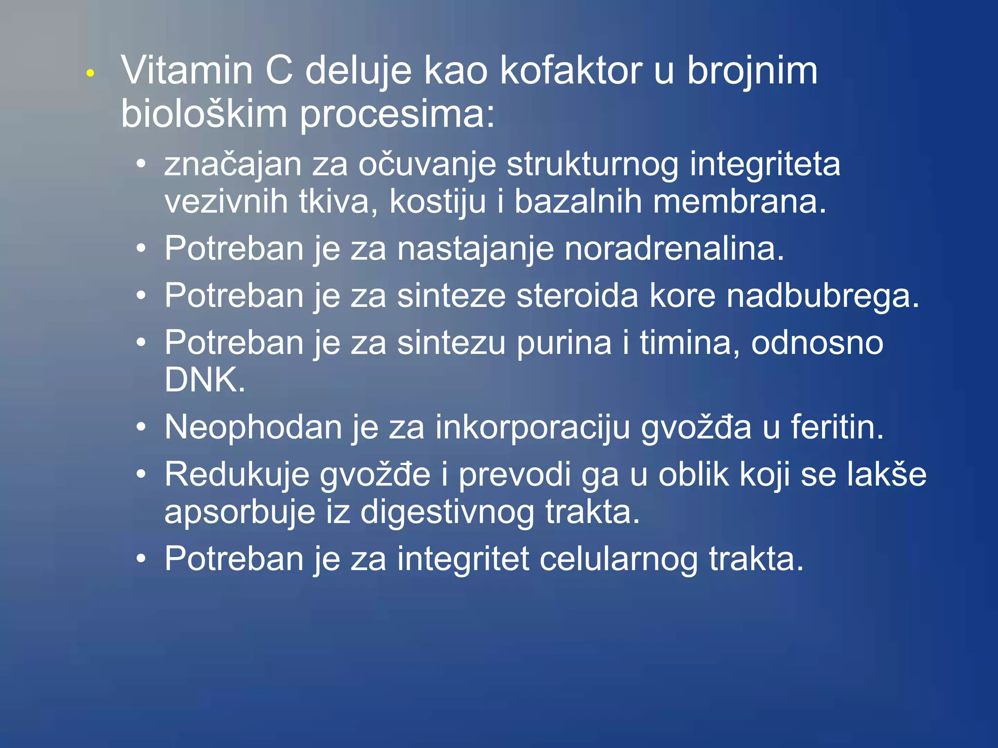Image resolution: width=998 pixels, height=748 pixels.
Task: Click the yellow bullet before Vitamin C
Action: [90, 74]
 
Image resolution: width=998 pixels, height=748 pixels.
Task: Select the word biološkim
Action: [204, 114]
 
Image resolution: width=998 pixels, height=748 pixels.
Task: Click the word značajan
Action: [233, 165]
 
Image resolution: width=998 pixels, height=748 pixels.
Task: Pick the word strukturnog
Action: [592, 165]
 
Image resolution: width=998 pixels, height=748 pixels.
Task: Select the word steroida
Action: [577, 296]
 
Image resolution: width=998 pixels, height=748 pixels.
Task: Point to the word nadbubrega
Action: [822, 296]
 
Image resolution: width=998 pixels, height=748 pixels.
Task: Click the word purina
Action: [564, 343]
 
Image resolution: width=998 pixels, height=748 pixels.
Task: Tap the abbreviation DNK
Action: [204, 380]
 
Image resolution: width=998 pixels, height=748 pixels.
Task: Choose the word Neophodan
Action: [253, 428]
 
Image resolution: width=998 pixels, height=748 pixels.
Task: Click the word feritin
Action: [836, 428]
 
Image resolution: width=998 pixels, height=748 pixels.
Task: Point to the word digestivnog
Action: [447, 512]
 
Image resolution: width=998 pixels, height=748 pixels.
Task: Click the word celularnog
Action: [618, 559]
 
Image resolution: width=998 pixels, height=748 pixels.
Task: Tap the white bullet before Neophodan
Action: [141, 428]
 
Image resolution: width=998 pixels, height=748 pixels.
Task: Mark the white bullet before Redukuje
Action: [141, 474]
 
